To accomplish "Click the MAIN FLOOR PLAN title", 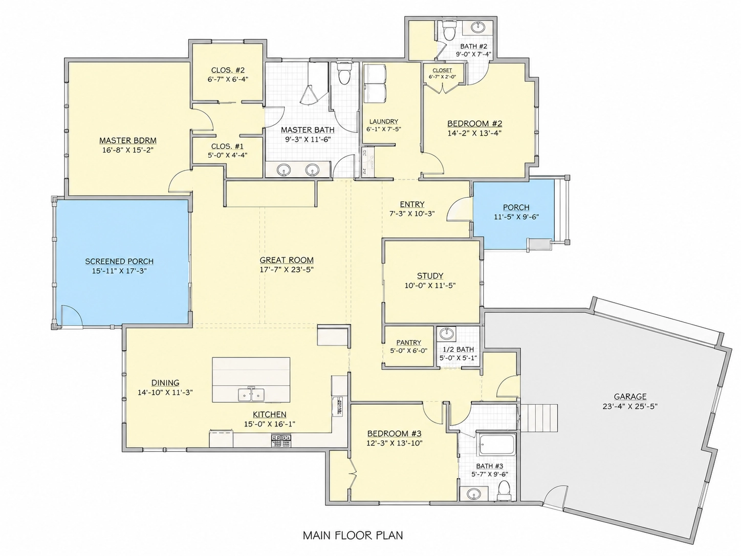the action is (353, 536).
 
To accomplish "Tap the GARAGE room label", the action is (630, 396).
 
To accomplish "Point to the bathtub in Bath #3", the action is (497, 445).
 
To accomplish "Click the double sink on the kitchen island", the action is (251, 394).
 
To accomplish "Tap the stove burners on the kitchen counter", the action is (281, 441).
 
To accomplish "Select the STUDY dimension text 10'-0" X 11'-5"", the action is (430, 286).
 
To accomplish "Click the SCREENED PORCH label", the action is (119, 261).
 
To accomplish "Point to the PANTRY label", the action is (409, 343).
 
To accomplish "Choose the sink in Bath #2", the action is (478, 27).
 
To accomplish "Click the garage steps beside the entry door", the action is (538, 418).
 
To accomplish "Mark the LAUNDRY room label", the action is (383, 121).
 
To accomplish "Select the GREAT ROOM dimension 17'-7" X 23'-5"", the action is (287, 270).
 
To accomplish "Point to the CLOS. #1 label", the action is (227, 146).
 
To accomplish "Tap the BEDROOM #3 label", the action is (395, 434).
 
